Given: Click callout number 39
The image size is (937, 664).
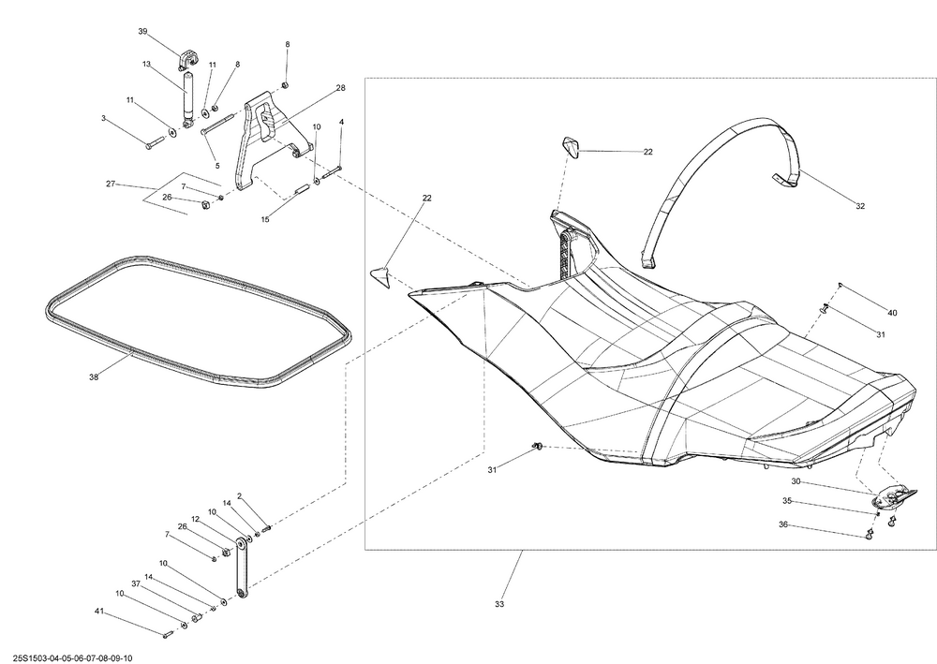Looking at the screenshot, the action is (x=142, y=31).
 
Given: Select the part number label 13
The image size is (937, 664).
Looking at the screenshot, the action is (x=146, y=64).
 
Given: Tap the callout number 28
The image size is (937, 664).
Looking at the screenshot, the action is (x=341, y=88).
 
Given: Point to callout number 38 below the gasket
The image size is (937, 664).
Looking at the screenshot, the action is (x=93, y=376).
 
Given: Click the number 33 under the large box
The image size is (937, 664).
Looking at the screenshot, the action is (x=499, y=604).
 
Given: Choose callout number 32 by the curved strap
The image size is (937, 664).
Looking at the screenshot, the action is (x=860, y=207).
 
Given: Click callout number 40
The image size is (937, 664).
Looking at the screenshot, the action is (x=892, y=313).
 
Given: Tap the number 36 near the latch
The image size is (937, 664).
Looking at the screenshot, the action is (x=782, y=524).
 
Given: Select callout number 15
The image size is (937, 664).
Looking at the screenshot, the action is (x=265, y=220).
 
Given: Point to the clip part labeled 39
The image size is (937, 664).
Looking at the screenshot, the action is (x=187, y=60).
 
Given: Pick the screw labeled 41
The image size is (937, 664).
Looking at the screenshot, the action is (x=168, y=633).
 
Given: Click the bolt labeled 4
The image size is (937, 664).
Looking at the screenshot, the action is (x=332, y=173).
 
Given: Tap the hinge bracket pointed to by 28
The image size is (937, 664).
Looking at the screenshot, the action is (x=263, y=139).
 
